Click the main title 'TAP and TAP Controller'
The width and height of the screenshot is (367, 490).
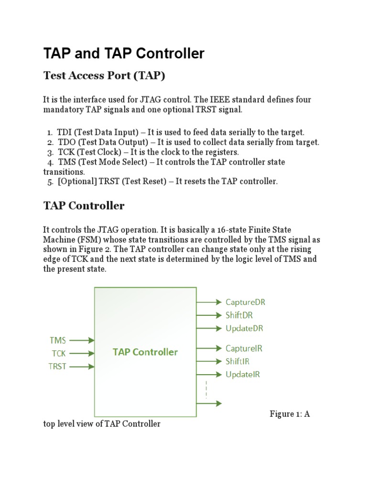(124, 54)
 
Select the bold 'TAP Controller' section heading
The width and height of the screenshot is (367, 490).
(84, 206)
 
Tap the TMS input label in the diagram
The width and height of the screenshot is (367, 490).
(58, 341)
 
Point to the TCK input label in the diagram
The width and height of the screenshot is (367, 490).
(59, 354)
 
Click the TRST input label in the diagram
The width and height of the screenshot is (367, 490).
(58, 367)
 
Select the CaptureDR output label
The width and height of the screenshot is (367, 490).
(245, 302)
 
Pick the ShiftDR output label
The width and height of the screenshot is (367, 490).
(239, 315)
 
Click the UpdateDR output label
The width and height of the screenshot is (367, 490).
(244, 328)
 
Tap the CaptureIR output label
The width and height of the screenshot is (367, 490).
(244, 348)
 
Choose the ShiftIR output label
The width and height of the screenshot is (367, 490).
(237, 361)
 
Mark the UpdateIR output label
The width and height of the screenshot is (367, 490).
(243, 374)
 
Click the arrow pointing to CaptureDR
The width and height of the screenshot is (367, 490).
(209, 302)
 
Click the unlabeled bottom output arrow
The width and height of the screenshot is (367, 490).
(209, 403)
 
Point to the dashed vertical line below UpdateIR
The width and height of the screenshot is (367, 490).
(206, 389)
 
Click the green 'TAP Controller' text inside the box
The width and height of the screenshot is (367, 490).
(145, 352)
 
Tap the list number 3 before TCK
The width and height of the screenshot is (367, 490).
(50, 152)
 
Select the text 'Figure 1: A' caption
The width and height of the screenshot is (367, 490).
(290, 414)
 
